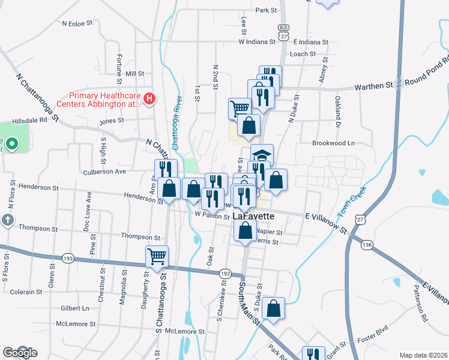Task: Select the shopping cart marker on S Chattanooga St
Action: point(157,256)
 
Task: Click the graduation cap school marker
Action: point(262,154)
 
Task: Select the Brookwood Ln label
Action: point(334,143)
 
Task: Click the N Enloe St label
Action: point(78,23)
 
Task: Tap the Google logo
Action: point(20,353)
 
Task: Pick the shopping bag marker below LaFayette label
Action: point(245,231)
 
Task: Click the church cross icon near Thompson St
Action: point(7,220)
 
